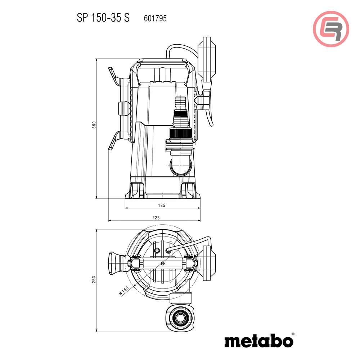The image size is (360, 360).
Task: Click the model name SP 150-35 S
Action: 103,18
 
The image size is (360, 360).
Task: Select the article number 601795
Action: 155,18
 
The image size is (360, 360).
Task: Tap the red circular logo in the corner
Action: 331,29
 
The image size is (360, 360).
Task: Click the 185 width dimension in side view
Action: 162,206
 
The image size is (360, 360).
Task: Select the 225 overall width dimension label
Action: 156,217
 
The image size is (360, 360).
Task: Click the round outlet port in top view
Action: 179,317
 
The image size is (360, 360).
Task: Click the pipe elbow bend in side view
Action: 180,166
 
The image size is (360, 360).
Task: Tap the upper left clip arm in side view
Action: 114,75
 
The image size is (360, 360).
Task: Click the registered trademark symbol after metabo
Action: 293,334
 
